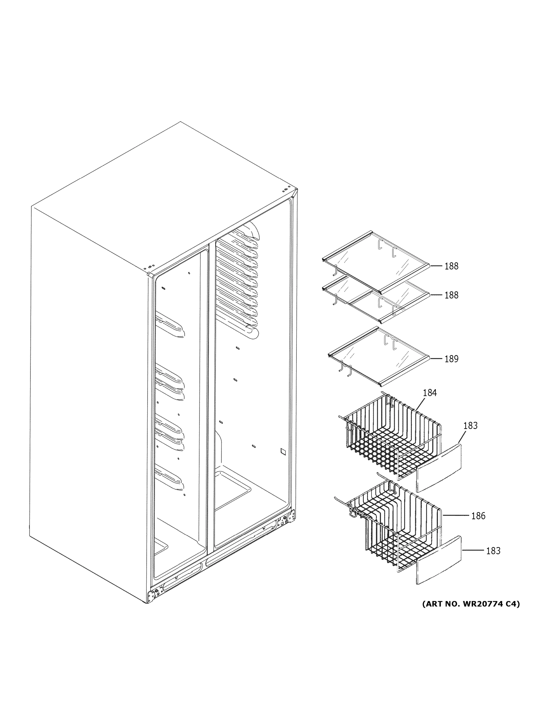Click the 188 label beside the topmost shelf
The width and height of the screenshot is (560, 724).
[451, 266]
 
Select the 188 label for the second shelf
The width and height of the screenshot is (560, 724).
[451, 295]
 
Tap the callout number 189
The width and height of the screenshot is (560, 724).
[451, 359]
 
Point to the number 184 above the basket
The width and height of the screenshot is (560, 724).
[430, 393]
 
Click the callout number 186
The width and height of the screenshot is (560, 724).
[478, 516]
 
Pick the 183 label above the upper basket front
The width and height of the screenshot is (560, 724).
[470, 426]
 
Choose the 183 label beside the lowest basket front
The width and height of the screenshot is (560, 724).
[493, 551]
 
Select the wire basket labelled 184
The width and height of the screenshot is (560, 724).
[392, 438]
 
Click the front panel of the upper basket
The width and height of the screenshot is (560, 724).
[439, 468]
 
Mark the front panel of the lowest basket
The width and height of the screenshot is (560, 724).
[439, 560]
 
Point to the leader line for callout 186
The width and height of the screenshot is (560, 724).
[456, 516]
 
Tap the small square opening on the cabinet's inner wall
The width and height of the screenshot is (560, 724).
[283, 451]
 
